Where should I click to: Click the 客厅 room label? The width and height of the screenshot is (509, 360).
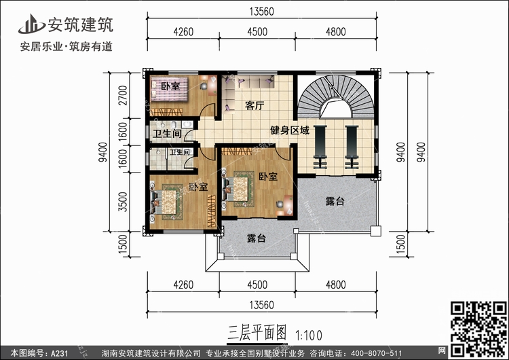click(254, 105)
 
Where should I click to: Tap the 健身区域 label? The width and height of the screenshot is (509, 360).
click(290, 130)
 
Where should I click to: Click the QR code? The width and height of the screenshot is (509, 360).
click(479, 329)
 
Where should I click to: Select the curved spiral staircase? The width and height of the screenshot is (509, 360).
click(337, 96)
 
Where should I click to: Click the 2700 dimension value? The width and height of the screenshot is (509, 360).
click(123, 95)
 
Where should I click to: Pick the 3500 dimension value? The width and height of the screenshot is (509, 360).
click(123, 202)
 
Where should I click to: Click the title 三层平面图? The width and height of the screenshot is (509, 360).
click(257, 333)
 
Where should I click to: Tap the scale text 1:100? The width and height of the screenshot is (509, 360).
click(308, 336)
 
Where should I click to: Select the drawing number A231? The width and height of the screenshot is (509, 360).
click(59, 353)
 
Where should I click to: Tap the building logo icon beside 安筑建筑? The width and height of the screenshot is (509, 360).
click(31, 24)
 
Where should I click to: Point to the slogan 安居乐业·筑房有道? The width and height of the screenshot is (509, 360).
click(67, 46)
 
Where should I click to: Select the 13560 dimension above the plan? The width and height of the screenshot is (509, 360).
click(262, 12)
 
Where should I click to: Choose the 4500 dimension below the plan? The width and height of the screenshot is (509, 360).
click(257, 285)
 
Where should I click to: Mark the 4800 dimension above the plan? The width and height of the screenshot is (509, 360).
click(336, 31)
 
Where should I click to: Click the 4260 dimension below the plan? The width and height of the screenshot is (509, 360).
click(183, 285)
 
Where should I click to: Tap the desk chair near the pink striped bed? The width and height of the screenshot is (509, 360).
click(204, 86)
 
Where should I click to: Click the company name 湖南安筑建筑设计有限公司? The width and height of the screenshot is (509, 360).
click(151, 353)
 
